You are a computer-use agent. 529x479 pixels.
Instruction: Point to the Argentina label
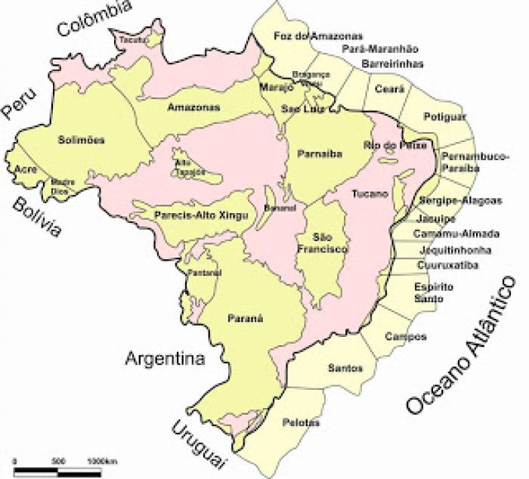tap(166, 357)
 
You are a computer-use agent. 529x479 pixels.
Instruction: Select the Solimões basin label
tap(81, 140)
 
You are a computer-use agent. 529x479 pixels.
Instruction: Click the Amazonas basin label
tap(194, 107)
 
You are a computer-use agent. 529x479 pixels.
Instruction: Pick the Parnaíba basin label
tap(320, 153)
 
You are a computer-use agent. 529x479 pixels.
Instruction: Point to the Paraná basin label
tap(244, 319)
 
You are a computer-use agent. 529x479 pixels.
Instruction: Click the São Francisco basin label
tap(326, 243)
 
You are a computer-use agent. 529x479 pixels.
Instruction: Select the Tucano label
tap(370, 194)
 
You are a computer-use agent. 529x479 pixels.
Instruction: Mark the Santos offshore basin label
tap(345, 368)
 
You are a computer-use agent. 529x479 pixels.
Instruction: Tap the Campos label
tap(405, 336)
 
